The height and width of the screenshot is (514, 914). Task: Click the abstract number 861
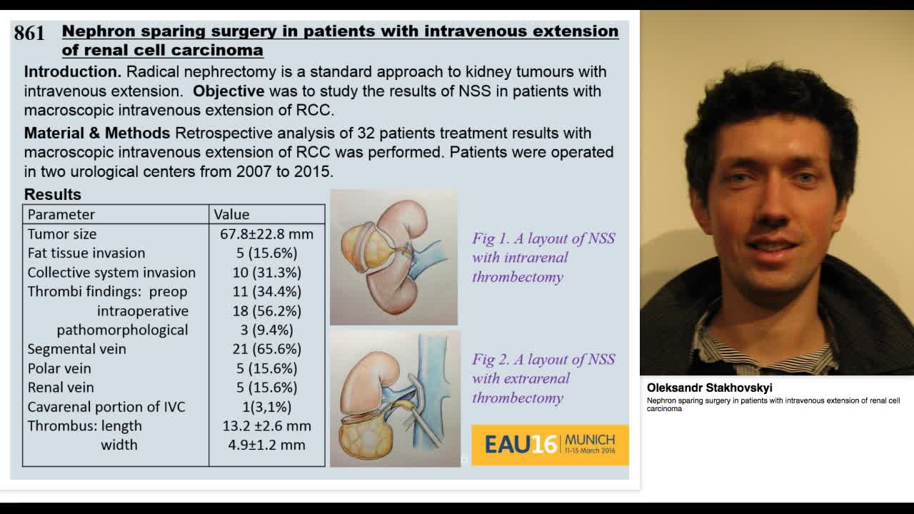29,33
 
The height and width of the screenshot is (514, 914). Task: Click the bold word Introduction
72,72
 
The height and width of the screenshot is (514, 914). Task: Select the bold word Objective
228,91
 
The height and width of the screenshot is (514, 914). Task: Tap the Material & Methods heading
97,133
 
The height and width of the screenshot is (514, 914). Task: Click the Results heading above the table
53,194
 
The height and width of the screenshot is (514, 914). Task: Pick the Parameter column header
61,214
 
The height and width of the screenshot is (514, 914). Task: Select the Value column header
231,214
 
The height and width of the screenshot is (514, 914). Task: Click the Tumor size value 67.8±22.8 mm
267,234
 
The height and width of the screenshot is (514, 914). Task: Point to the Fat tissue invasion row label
86,253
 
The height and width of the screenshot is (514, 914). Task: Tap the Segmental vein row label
77,349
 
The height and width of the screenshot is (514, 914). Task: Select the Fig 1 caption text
543,258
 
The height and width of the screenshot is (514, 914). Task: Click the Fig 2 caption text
543,378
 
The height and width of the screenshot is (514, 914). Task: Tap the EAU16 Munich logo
550,445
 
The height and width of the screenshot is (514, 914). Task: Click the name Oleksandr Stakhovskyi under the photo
710,388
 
